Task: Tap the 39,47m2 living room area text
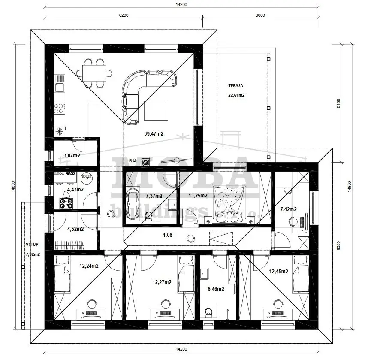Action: (x=154, y=134)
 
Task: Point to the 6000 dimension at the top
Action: (x=260, y=15)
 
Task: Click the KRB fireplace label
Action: (x=132, y=160)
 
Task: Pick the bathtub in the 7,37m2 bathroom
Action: (x=133, y=201)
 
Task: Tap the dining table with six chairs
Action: (x=94, y=73)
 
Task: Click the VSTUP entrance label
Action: (x=32, y=245)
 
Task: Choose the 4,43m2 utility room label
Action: (x=75, y=189)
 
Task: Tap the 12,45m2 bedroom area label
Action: (x=280, y=271)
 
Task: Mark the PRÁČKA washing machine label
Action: (x=71, y=174)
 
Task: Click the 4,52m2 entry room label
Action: (x=75, y=229)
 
